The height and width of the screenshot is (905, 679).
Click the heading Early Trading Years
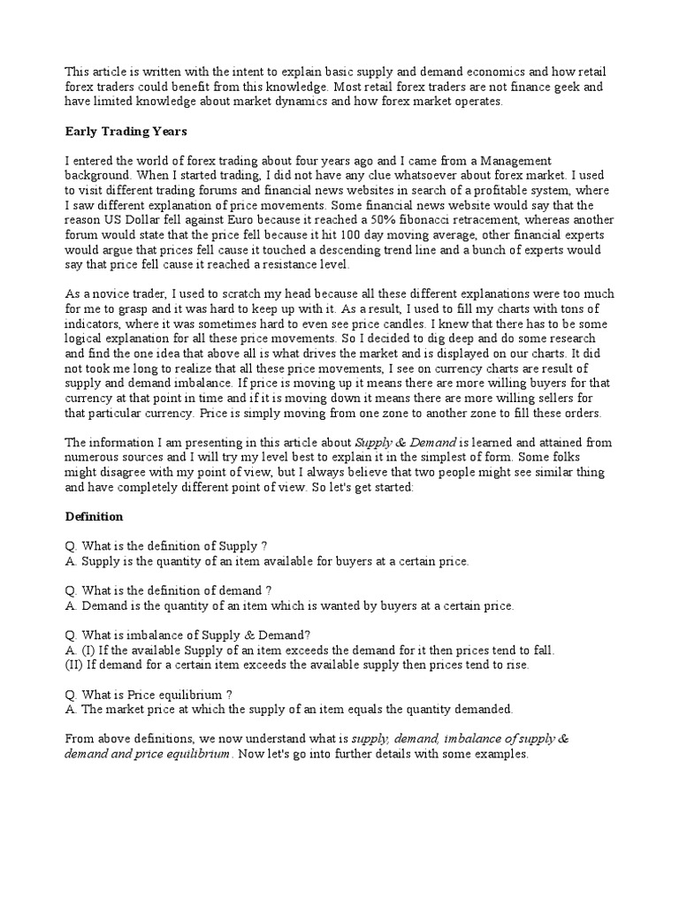[126, 132]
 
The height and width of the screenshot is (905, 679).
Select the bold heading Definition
[95, 516]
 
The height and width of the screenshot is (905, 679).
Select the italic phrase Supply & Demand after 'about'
[406, 442]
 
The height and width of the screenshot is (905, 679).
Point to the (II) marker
[74, 665]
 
